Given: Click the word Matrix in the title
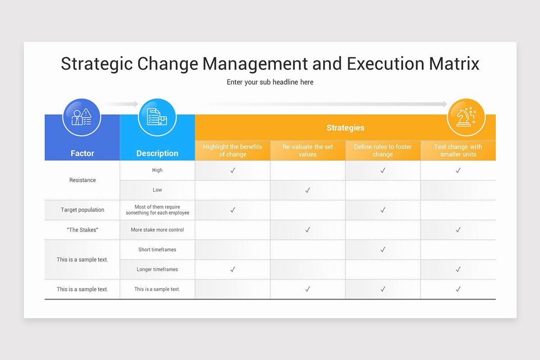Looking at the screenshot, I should [454, 63].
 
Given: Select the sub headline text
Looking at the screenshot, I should [270, 82].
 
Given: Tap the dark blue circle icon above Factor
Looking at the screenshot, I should [82, 117].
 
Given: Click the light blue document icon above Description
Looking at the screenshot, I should [157, 117].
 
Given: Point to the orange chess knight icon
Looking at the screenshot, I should [466, 117].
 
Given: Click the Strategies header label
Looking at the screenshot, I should [345, 128].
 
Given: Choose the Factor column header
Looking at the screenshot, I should [82, 153].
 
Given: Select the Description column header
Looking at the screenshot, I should [157, 153].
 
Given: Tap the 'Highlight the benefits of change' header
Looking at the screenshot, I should [233, 150].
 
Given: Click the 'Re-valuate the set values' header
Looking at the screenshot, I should [308, 150].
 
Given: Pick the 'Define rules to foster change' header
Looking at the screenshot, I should [383, 150].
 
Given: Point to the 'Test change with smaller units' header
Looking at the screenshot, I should [458, 150].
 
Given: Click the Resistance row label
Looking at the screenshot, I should [82, 180].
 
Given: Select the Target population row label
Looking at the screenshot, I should [82, 210].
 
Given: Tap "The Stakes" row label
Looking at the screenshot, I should [82, 230].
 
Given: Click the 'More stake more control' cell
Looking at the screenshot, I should [157, 230].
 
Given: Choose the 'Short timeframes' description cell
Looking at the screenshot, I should [157, 250].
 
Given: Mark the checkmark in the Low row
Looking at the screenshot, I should [308, 190].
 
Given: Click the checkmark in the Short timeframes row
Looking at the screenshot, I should [383, 250].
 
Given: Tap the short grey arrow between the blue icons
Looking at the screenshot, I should [121, 104].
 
